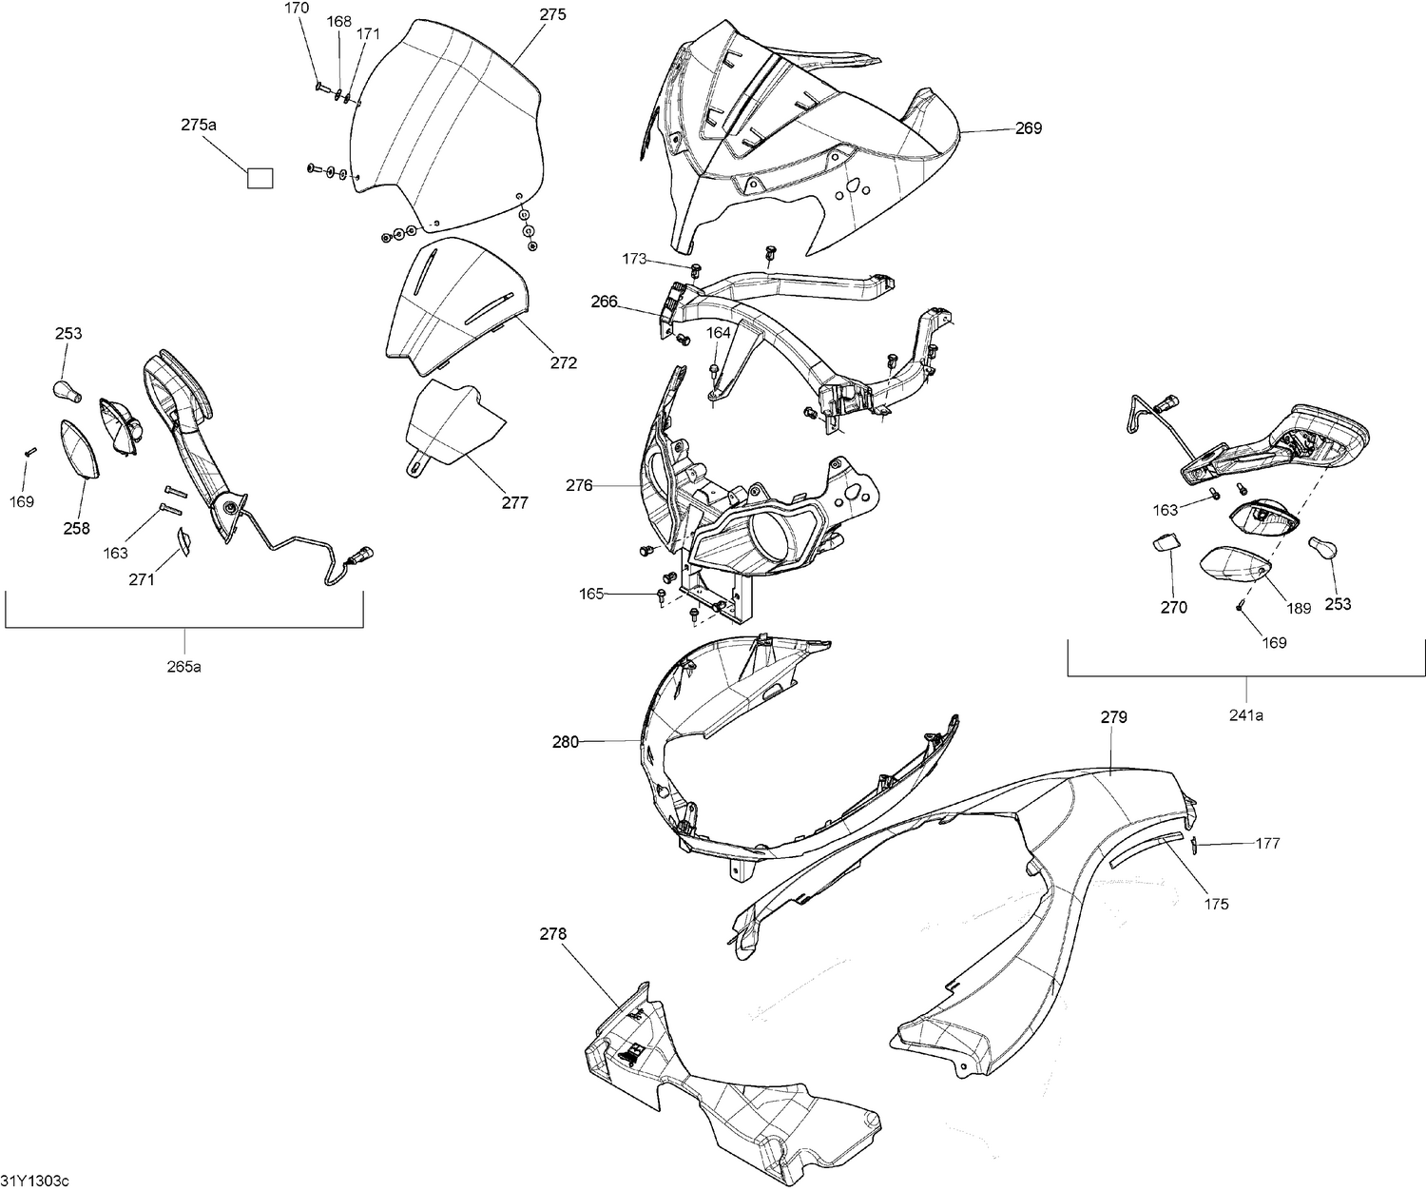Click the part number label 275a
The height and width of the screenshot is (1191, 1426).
tap(199, 125)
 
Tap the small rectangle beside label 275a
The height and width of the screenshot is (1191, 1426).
tap(260, 178)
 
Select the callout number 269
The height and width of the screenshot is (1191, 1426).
tap(1028, 128)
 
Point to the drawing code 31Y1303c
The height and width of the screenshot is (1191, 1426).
tap(35, 1181)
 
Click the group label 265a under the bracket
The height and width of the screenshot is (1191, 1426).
tap(184, 666)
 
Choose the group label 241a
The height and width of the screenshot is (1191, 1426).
tap(1246, 715)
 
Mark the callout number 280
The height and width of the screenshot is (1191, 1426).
tap(566, 742)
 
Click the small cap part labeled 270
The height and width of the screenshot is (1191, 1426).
tap(1166, 543)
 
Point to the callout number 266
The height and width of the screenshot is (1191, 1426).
tap(604, 303)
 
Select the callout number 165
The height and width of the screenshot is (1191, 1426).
tap(591, 594)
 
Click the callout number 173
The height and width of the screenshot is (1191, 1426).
tap(634, 259)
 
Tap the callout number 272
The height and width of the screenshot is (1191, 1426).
tap(564, 363)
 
